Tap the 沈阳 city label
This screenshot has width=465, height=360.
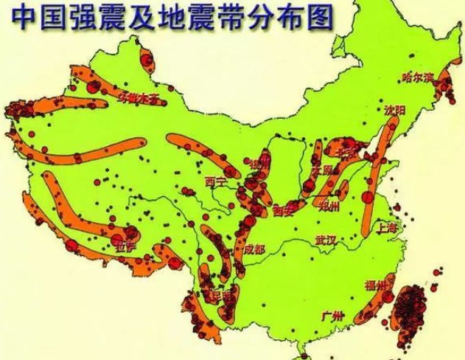(394, 108)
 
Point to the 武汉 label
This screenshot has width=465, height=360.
(325, 240)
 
